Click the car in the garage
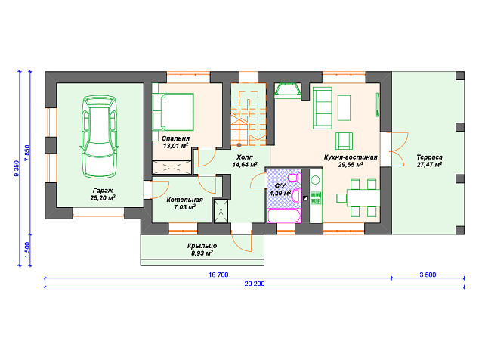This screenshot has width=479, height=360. point(99,136)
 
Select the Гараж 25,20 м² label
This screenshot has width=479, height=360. point(103,194)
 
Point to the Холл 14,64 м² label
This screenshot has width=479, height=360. point(245,161)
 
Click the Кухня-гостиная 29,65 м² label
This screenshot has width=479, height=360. point(351,161)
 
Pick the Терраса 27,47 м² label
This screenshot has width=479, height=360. point(429,161)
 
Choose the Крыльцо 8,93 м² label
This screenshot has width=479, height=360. point(202,250)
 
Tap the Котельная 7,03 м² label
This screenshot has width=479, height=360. point(184,203)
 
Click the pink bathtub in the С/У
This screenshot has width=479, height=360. point(284,216)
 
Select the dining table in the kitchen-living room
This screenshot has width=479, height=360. point(363,197)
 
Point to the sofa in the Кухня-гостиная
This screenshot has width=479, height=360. point(323,108)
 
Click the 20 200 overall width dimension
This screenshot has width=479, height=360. point(255,284)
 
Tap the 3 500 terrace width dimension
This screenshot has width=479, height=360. point(428,275)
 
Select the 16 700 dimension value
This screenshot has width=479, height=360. point(218,275)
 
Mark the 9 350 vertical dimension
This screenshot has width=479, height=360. point(17,168)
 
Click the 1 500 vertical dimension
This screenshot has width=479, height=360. point(27,250)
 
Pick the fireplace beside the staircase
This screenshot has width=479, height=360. point(288,91)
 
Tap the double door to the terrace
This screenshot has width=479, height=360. point(399,149)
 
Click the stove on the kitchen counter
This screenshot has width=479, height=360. point(316,198)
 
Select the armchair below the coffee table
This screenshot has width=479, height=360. point(344,141)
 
